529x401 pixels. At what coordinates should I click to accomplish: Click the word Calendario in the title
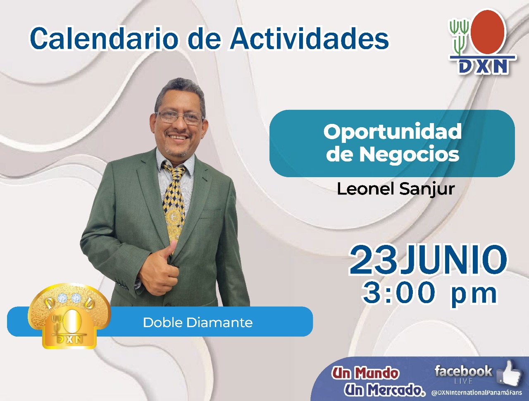104,38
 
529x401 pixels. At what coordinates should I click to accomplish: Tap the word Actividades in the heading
310,38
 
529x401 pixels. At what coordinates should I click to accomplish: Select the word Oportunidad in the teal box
392,131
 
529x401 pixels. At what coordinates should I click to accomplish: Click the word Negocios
409,154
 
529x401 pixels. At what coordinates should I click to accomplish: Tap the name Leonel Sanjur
396,189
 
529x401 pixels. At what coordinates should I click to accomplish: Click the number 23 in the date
373,260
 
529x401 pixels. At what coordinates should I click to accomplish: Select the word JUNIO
453,260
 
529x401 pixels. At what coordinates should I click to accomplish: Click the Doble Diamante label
198,323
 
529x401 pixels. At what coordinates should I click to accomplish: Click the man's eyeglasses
179,118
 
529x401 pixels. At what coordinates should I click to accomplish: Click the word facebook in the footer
463,371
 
